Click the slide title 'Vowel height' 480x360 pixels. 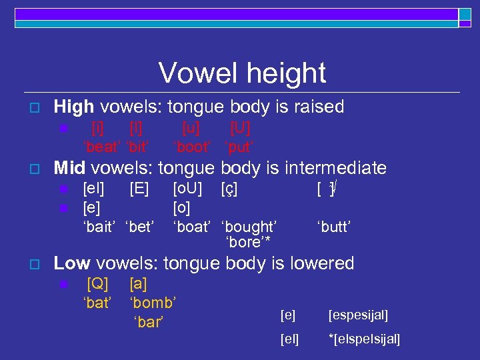[242, 73]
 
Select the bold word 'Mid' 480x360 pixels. [70, 168]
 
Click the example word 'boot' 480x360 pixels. [192, 145]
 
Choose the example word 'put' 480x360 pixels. [238, 145]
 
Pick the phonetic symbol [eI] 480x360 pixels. [93, 189]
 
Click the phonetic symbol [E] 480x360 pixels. [139, 189]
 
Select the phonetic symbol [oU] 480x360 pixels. [187, 189]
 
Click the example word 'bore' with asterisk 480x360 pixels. [248, 242]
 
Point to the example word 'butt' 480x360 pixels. [333, 227]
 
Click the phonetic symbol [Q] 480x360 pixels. [97, 284]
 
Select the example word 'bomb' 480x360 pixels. [153, 303]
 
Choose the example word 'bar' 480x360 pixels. [149, 322]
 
